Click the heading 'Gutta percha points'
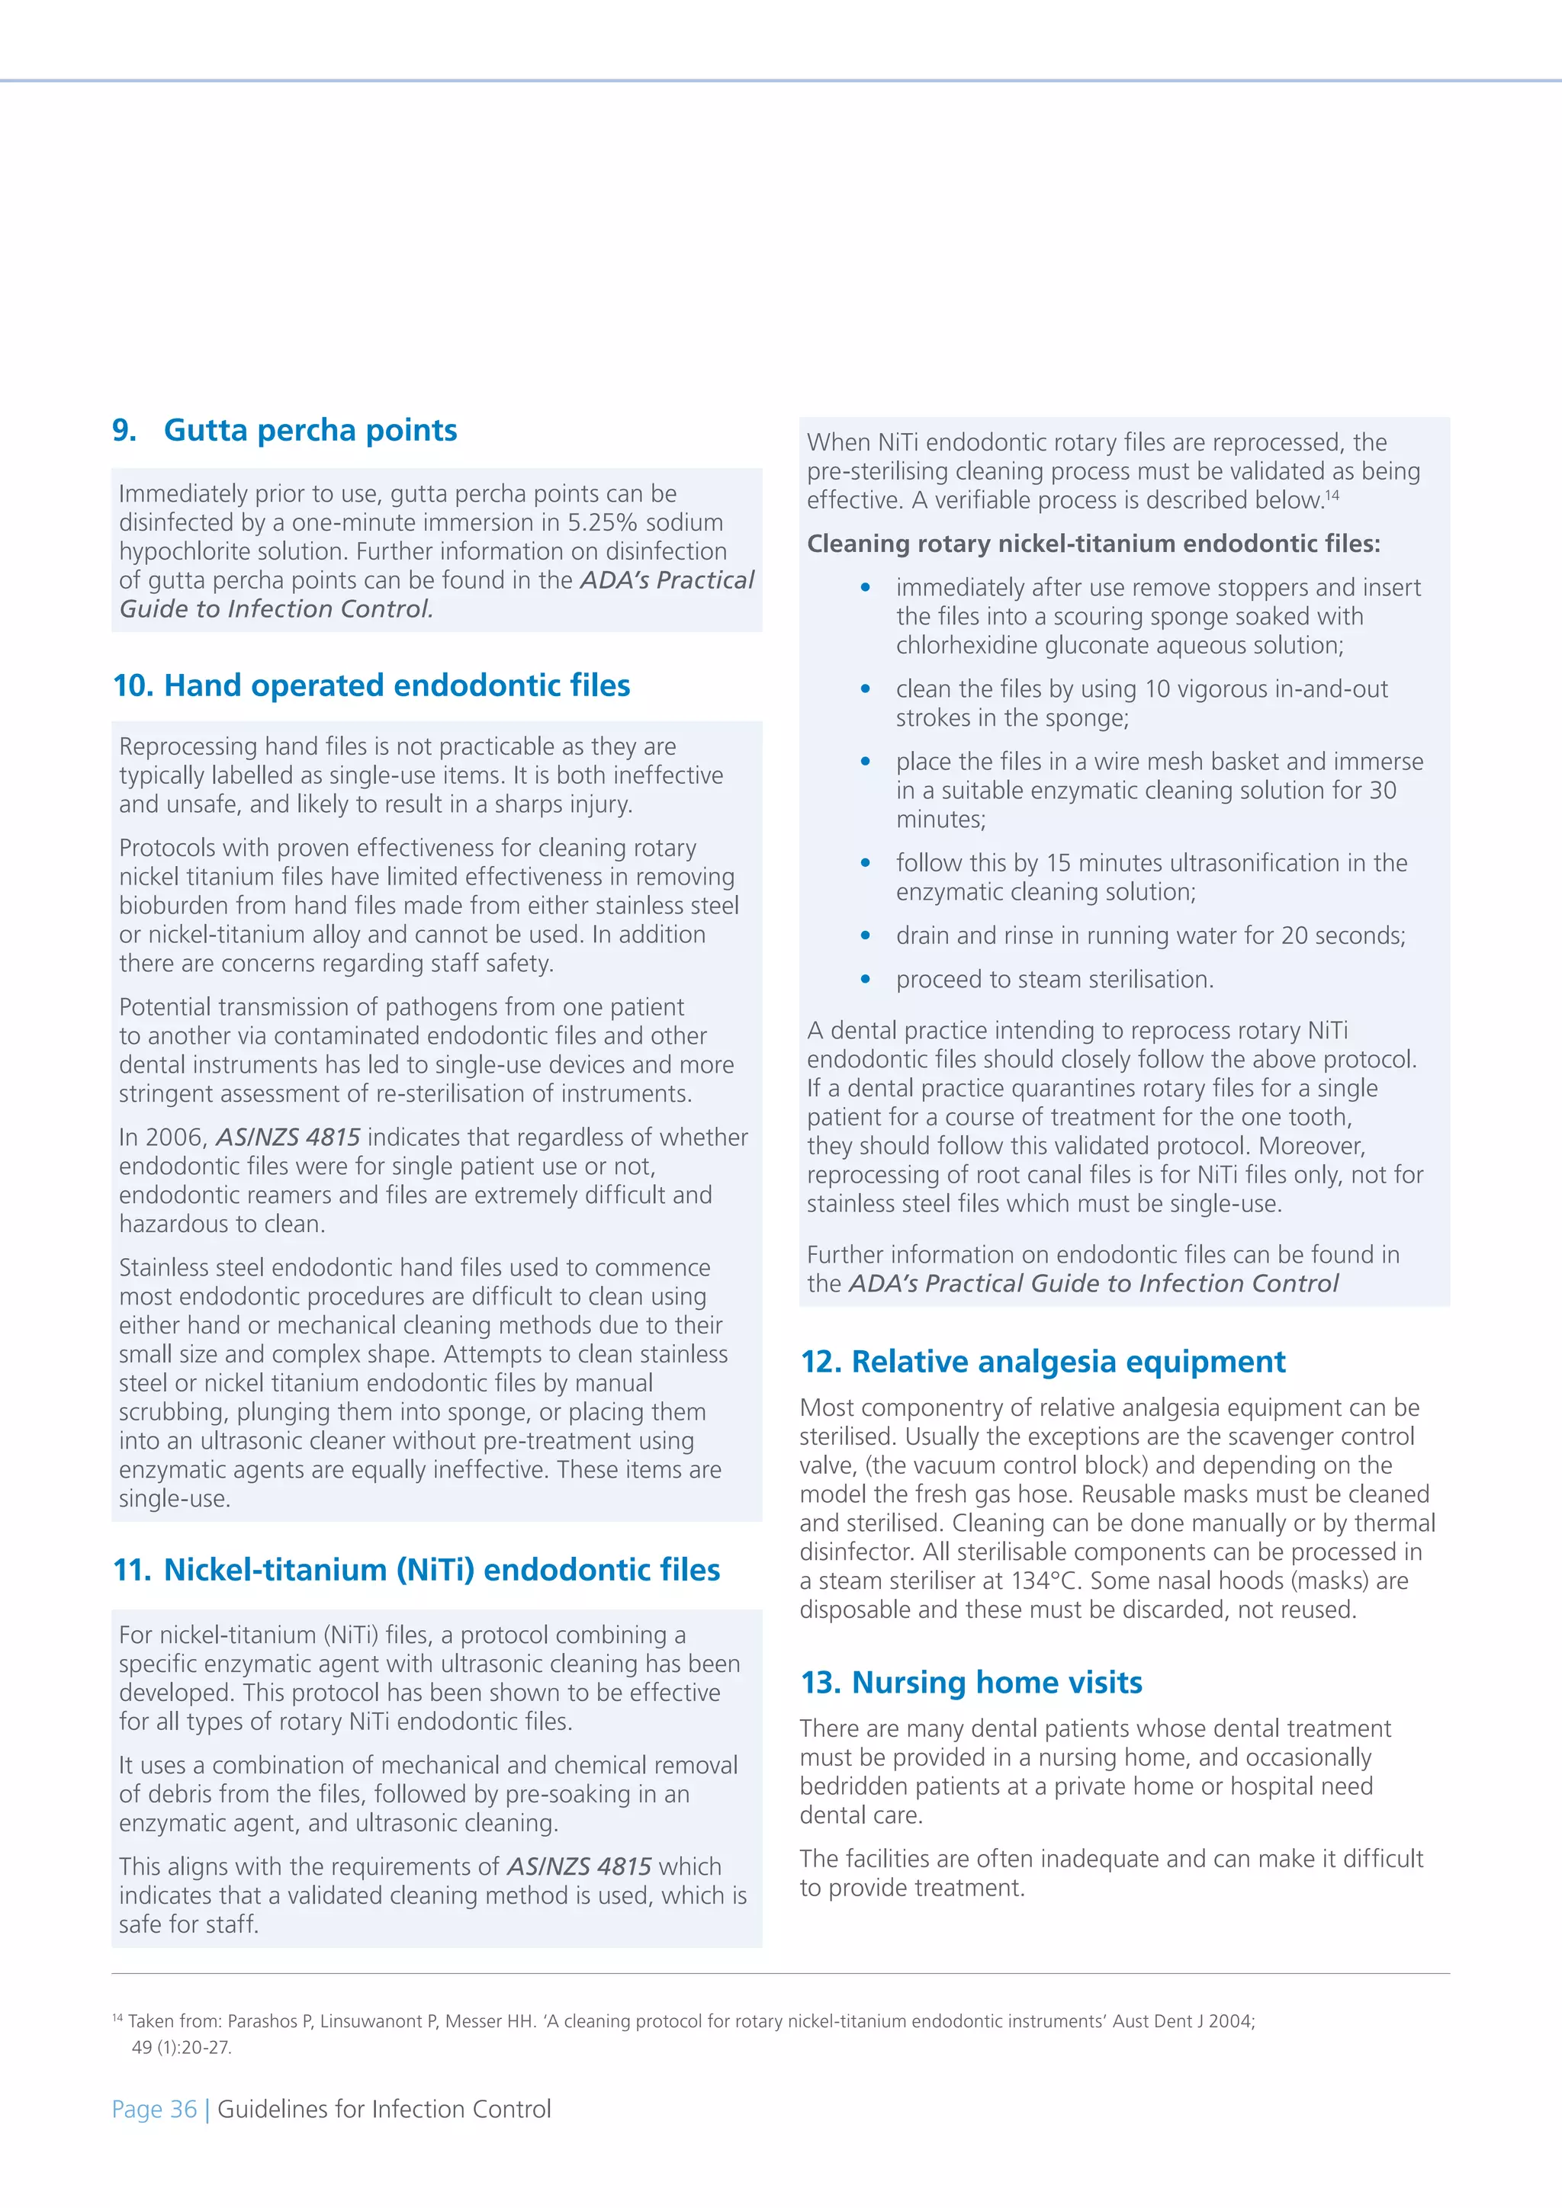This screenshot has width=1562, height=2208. tap(310, 430)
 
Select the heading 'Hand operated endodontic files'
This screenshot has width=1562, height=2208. tap(397, 685)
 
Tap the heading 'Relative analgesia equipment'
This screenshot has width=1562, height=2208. tap(1068, 1362)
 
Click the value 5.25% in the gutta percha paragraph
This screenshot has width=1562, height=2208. tap(602, 522)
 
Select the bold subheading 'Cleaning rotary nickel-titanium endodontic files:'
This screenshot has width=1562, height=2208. tap(1093, 544)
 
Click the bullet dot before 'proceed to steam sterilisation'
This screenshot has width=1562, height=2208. tap(866, 980)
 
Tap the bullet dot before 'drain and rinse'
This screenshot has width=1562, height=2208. tap(866, 936)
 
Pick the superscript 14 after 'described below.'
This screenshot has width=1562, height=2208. tap(1332, 494)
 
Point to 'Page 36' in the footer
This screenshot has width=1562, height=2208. tap(154, 2109)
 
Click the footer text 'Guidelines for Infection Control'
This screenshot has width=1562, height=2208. tap(384, 2109)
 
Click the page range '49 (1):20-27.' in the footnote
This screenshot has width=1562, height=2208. tap(181, 2047)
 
